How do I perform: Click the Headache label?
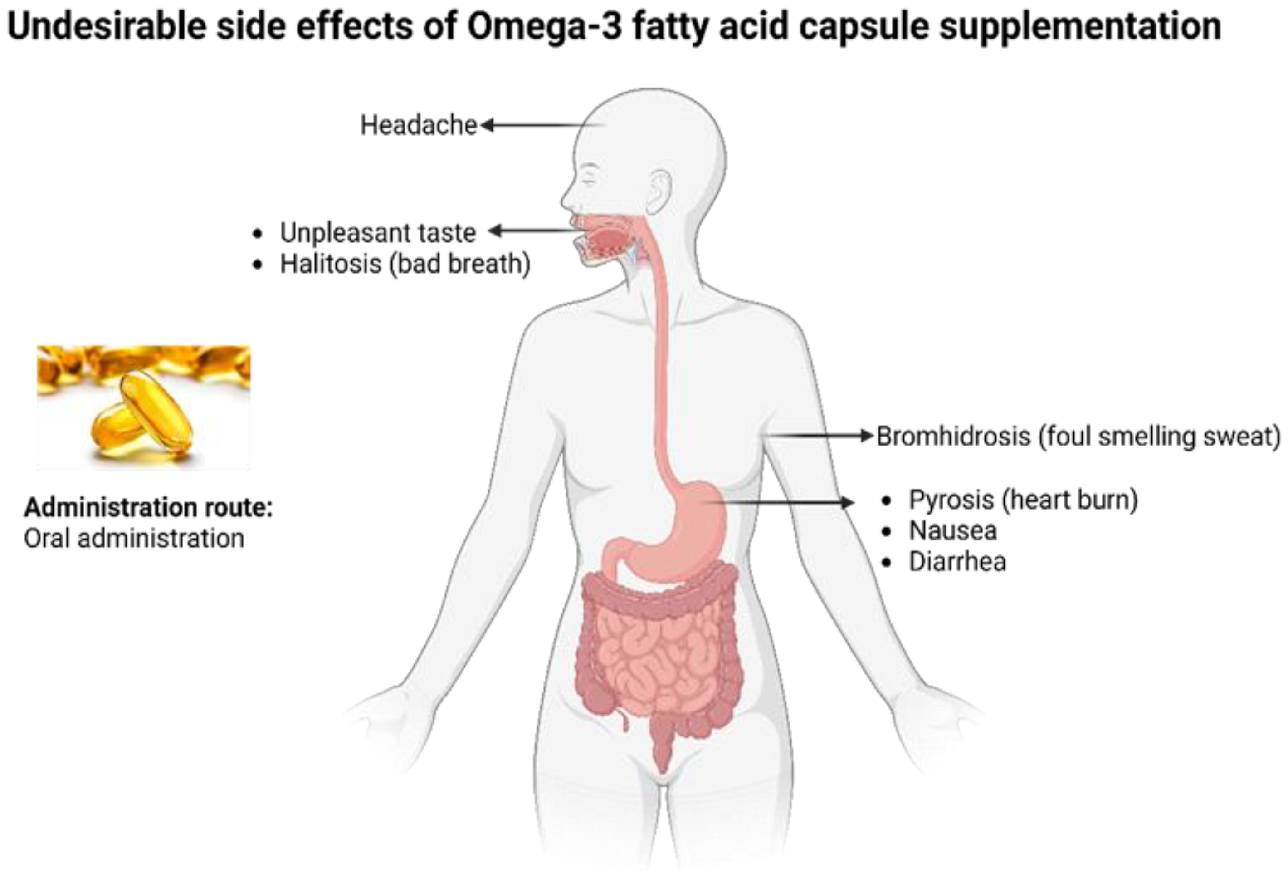click(418, 125)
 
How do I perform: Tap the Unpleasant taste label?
click(377, 233)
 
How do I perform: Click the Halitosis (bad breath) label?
click(405, 264)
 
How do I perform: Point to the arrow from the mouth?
click(532, 231)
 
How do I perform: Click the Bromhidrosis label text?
click(1078, 437)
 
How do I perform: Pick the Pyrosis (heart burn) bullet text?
click(1023, 500)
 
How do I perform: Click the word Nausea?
click(952, 530)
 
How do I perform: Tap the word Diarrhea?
click(957, 562)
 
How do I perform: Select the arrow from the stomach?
click(783, 502)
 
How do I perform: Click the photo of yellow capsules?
click(144, 407)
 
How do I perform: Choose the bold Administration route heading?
click(148, 507)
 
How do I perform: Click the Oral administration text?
click(134, 538)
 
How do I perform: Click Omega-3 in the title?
click(544, 26)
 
